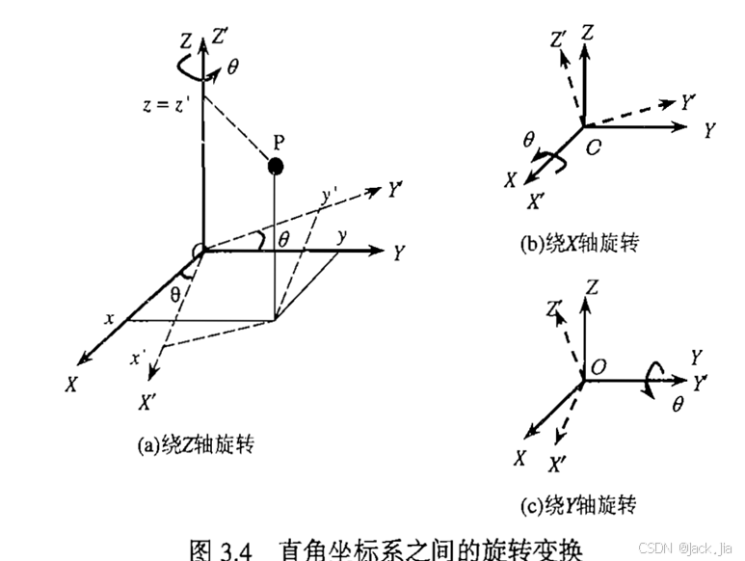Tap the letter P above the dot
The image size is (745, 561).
tap(278, 142)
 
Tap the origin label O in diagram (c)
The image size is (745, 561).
tap(598, 367)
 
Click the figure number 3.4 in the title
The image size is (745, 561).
tap(234, 550)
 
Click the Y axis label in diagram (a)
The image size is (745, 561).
tap(398, 254)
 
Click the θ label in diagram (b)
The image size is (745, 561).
tap(528, 142)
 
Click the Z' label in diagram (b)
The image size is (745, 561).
tap(557, 39)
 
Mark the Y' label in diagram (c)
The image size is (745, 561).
tap(700, 384)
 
